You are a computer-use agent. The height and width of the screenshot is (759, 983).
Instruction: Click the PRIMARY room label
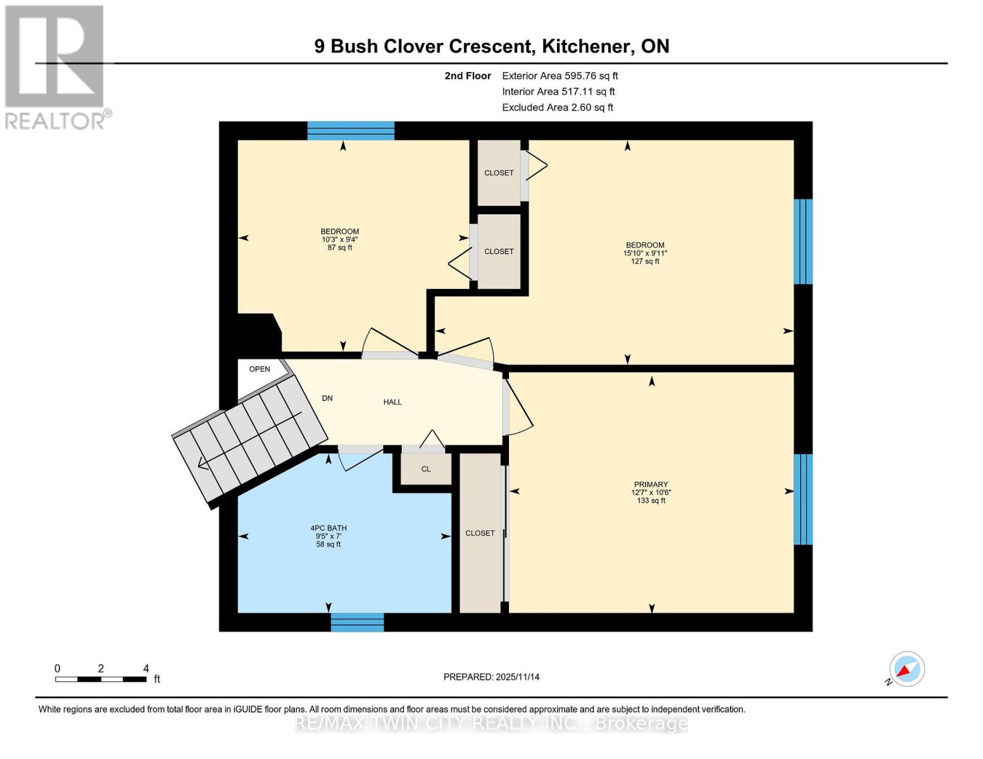click(x=651, y=484)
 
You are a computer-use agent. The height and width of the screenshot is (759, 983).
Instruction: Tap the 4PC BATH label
click(x=329, y=528)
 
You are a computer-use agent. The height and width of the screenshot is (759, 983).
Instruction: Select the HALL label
click(x=392, y=402)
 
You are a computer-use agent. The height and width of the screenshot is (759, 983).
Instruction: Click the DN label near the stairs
click(x=327, y=398)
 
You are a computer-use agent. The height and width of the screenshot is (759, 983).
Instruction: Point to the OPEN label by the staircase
click(x=260, y=369)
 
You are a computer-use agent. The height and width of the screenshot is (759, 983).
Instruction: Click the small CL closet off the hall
click(x=426, y=469)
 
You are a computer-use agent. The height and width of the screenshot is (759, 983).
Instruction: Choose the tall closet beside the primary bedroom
click(x=480, y=533)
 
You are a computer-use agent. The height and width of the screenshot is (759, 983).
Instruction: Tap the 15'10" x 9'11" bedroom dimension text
click(x=645, y=253)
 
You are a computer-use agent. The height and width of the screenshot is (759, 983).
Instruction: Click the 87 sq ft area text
click(x=340, y=248)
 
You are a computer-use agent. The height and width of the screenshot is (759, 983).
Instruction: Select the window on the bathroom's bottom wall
click(x=357, y=622)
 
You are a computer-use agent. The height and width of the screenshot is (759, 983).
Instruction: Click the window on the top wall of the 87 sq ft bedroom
click(x=351, y=130)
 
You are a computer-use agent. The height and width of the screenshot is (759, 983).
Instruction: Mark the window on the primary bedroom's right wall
click(x=803, y=499)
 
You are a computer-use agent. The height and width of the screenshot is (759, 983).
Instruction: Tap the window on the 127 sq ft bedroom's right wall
click(x=803, y=242)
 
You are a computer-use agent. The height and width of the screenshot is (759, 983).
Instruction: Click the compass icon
click(x=906, y=669)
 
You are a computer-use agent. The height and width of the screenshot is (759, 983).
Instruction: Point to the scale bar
click(x=101, y=679)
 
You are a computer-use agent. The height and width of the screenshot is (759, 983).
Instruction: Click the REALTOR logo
click(x=56, y=66)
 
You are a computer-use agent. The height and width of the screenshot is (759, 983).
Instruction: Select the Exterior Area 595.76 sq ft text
click(x=560, y=76)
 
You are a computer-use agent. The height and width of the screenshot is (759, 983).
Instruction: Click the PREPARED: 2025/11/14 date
click(x=491, y=677)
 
